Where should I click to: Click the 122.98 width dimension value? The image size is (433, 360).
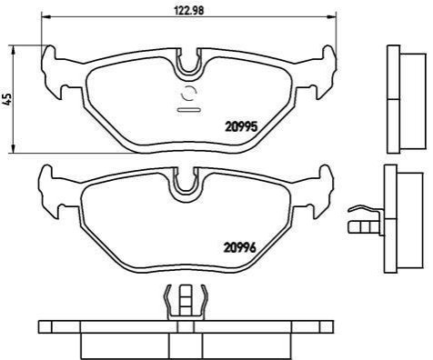(189, 10)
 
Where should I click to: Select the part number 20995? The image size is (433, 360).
(241, 126)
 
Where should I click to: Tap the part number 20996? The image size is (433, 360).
(240, 247)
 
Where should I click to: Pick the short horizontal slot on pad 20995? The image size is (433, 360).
(188, 110)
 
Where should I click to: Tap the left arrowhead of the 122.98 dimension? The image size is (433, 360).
(45, 17)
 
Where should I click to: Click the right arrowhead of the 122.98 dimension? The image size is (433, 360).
(333, 17)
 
